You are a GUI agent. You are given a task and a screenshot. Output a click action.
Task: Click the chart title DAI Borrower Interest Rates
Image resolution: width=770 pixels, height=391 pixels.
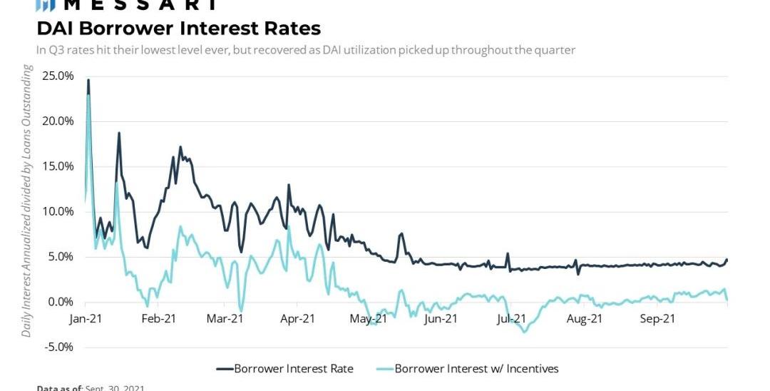pyautogui.click(x=178, y=29)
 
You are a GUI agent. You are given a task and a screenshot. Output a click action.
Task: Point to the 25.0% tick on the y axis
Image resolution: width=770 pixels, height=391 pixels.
pyautogui.click(x=58, y=76)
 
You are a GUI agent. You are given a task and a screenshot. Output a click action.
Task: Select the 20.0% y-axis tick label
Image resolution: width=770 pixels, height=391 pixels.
pyautogui.click(x=58, y=121)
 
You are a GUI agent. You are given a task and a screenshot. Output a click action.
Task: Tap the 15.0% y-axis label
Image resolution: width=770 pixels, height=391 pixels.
pyautogui.click(x=58, y=166)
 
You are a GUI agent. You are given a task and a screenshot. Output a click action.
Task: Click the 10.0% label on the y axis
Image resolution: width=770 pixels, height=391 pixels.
pyautogui.click(x=58, y=211)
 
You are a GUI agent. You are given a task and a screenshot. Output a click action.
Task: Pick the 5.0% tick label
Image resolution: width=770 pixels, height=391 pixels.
pyautogui.click(x=61, y=257)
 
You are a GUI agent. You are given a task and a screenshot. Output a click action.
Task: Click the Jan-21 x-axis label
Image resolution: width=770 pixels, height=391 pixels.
pyautogui.click(x=86, y=319)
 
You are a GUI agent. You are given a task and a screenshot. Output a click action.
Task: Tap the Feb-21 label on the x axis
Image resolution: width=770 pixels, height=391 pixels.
pyautogui.click(x=158, y=319)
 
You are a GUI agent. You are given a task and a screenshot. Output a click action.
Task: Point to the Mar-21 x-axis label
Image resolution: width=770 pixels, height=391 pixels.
pyautogui.click(x=225, y=319)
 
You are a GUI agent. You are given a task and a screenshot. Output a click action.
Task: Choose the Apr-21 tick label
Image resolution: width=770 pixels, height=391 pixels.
pyautogui.click(x=297, y=319)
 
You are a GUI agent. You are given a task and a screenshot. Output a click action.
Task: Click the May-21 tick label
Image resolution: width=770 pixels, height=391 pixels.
pyautogui.click(x=369, y=319)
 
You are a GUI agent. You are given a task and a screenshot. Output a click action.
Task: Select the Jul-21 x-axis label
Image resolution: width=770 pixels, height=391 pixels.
pyautogui.click(x=511, y=319)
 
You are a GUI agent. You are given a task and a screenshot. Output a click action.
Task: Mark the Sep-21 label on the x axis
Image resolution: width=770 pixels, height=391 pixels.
pyautogui.click(x=657, y=319)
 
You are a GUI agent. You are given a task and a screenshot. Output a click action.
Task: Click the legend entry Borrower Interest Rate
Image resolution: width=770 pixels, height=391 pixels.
pyautogui.click(x=284, y=369)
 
